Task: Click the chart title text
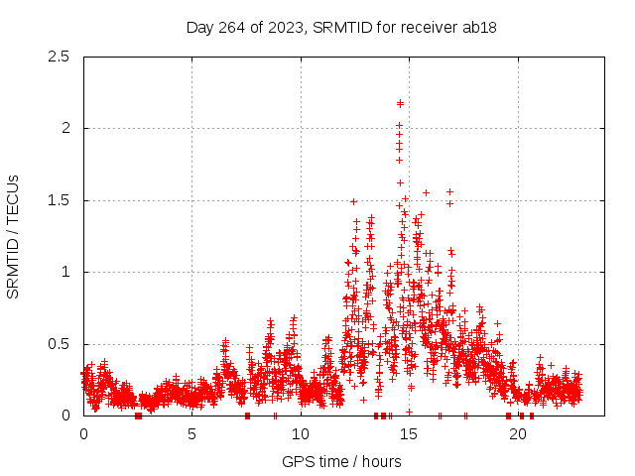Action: click(x=341, y=27)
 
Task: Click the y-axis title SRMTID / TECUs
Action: click(x=13, y=236)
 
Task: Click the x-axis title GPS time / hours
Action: click(x=341, y=461)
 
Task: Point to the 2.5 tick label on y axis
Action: click(x=62, y=57)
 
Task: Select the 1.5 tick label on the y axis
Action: click(x=62, y=200)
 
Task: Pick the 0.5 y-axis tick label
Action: click(x=62, y=344)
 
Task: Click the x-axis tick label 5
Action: click(x=191, y=434)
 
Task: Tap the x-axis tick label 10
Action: click(x=300, y=434)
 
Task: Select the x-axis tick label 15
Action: click(x=409, y=434)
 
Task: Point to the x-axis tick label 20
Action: click(x=517, y=434)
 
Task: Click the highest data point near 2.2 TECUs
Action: click(x=400, y=103)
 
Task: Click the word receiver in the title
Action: click(x=429, y=27)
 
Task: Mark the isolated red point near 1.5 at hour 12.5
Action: click(x=353, y=201)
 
